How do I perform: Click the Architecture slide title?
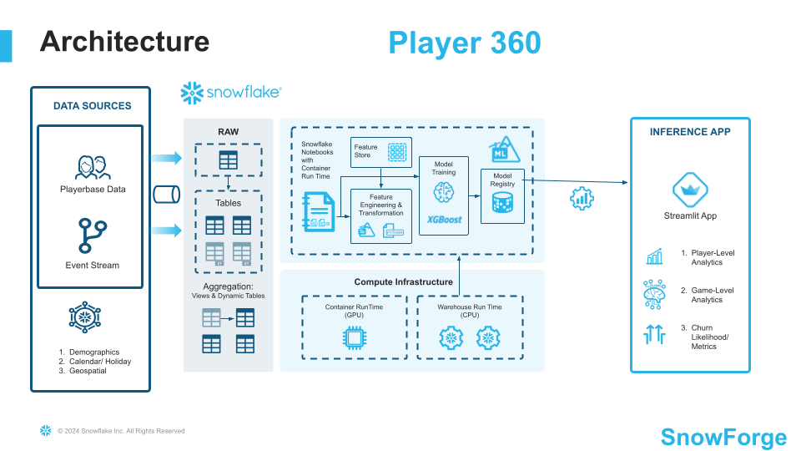[124, 42]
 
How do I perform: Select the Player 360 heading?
[464, 43]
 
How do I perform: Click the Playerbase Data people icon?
[93, 167]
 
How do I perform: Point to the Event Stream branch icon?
[93, 236]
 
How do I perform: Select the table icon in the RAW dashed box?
[228, 159]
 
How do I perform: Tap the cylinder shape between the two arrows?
[167, 195]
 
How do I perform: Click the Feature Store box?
[381, 152]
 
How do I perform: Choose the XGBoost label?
[444, 219]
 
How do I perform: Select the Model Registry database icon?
[502, 202]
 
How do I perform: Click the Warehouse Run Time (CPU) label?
[470, 312]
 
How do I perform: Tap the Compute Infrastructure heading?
[403, 282]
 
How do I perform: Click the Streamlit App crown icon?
[690, 190]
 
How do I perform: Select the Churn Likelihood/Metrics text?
[703, 337]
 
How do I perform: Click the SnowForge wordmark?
[723, 437]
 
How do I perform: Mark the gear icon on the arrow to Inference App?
[582, 198]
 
